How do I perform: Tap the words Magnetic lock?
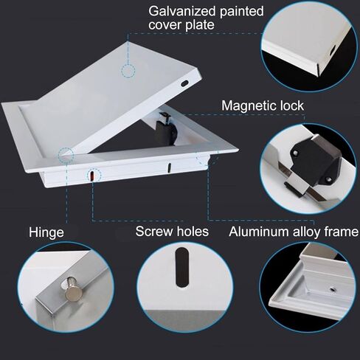coord(263,106)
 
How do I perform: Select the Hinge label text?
coord(46,232)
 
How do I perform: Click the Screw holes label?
coord(172,232)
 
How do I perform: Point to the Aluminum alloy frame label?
coord(293,232)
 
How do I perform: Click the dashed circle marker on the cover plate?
coord(128,72)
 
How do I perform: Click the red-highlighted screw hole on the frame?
coord(91,175)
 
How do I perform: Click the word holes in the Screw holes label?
coord(191,232)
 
